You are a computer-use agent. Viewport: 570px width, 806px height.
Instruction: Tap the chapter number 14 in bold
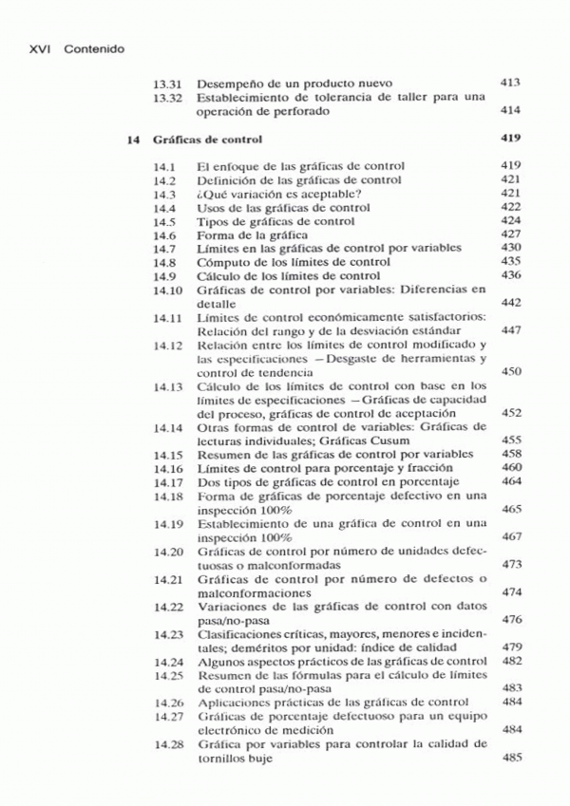133,140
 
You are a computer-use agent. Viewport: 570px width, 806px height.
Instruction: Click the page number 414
510,111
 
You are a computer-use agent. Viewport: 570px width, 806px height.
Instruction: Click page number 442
510,302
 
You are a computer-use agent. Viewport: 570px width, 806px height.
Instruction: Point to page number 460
510,468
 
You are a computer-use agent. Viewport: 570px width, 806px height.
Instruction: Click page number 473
510,564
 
